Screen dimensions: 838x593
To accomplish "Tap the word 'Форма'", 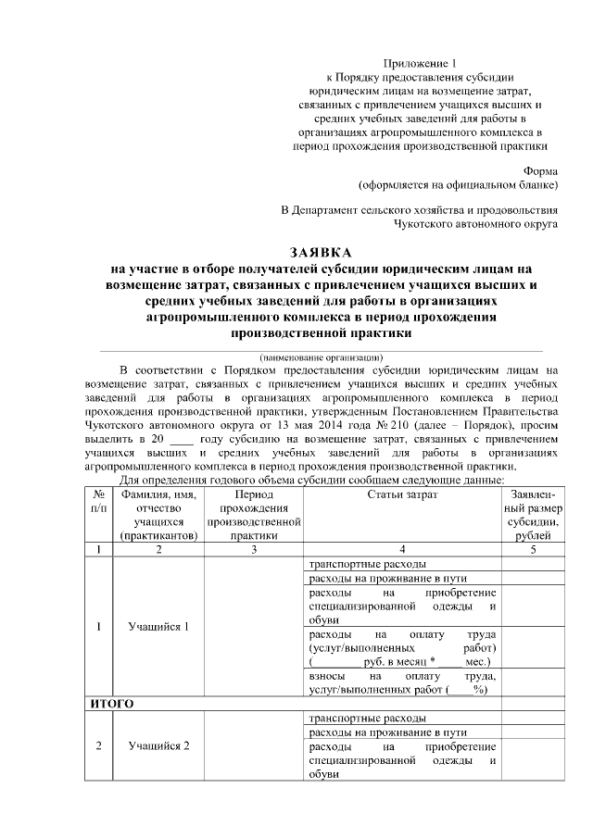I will coord(540,171).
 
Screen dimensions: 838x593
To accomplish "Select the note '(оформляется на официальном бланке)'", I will coord(458,184).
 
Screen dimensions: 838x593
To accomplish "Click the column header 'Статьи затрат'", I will coord(401,495).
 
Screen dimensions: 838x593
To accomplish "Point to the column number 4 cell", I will coord(401,549).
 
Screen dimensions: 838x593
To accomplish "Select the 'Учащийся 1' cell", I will coord(158,626).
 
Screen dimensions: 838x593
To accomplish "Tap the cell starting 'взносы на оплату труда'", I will coord(401,682).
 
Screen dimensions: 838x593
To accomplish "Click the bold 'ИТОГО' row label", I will coord(112,705).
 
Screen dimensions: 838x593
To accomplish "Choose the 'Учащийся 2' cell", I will coord(158,747).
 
